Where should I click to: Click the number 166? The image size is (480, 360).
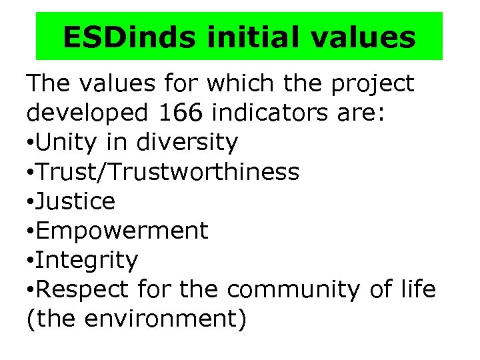[182, 113]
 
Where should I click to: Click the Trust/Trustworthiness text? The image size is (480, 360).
[168, 171]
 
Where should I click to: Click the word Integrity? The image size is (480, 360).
[87, 259]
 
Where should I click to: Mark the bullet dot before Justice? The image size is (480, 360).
[31, 202]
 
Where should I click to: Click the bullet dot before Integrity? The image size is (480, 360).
[31, 261]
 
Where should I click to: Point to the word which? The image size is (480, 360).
[239, 83]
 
